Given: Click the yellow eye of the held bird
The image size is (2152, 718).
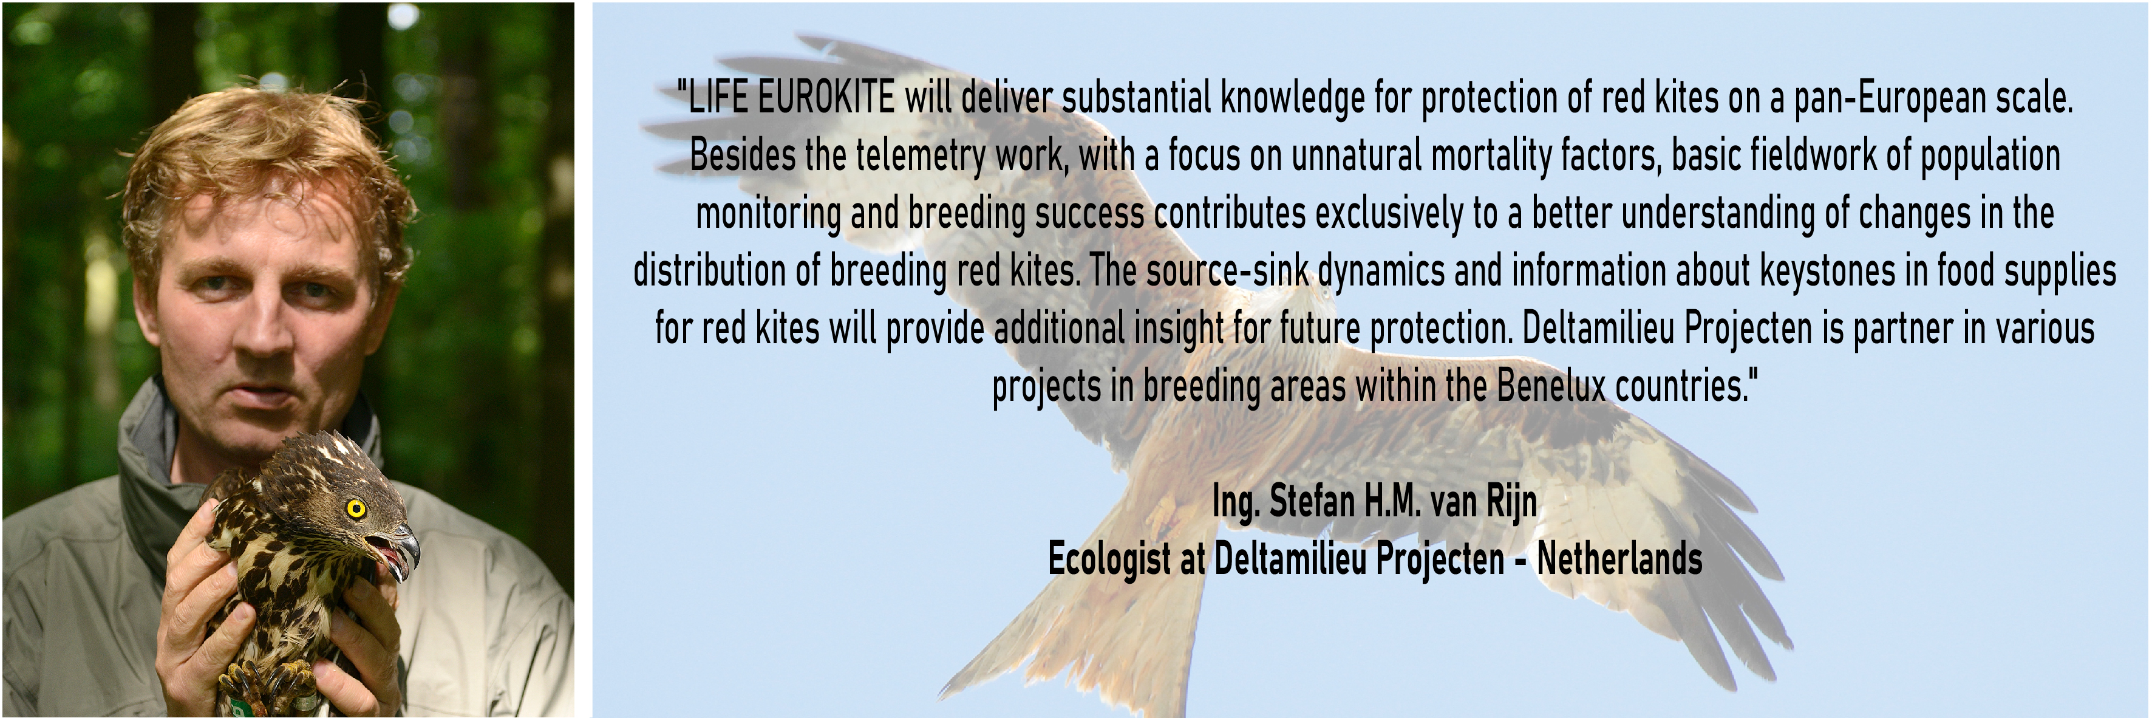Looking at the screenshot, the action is click(356, 508).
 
